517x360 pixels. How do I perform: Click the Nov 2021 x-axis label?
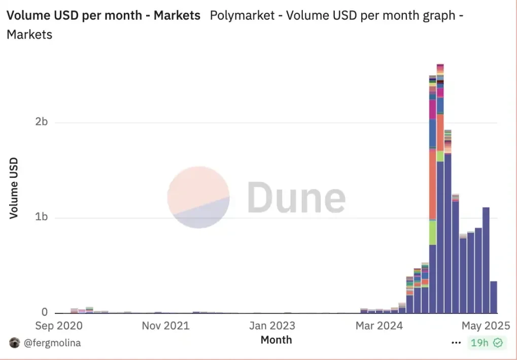[165, 325]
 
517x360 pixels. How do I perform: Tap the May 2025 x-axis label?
[485, 325]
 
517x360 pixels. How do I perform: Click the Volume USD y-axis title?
[14, 188]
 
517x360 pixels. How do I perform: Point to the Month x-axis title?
[276, 340]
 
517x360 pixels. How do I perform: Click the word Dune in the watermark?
[296, 198]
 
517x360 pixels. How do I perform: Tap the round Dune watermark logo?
[198, 197]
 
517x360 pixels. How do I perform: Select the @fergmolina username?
[52, 343]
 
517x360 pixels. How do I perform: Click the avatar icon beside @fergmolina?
[14, 343]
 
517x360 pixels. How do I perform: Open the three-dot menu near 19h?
[456, 343]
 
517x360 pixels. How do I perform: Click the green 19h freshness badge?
[486, 343]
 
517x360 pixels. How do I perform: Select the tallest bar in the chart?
[440, 203]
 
